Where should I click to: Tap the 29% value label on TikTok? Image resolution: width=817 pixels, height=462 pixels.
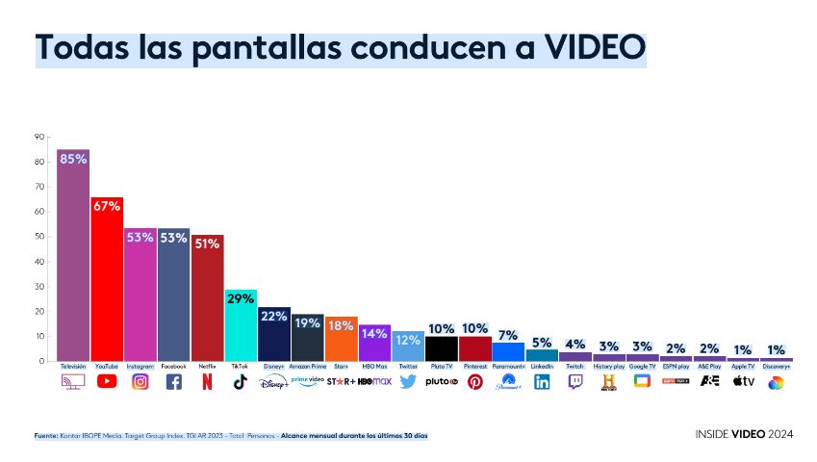pyautogui.click(x=241, y=298)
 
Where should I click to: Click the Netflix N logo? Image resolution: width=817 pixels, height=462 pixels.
pyautogui.click(x=207, y=381)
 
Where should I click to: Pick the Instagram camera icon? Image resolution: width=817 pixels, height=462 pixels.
pyautogui.click(x=140, y=381)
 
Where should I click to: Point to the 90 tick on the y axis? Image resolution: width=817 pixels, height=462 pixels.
pyautogui.click(x=40, y=137)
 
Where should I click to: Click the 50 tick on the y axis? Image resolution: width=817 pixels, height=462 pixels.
pyautogui.click(x=40, y=237)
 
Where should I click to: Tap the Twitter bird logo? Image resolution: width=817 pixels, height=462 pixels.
pyautogui.click(x=408, y=381)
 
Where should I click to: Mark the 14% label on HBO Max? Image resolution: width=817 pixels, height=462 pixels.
pyautogui.click(x=374, y=334)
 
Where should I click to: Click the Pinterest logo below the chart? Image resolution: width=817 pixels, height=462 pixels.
pyautogui.click(x=475, y=381)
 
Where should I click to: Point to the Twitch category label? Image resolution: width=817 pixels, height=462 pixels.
pyautogui.click(x=575, y=367)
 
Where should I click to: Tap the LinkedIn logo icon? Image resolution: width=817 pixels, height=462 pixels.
pyautogui.click(x=542, y=381)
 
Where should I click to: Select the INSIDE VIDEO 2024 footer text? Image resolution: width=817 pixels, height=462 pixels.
pyautogui.click(x=744, y=435)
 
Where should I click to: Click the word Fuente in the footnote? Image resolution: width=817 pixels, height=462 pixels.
pyautogui.click(x=46, y=436)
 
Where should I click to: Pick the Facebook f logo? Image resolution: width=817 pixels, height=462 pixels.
pyautogui.click(x=173, y=381)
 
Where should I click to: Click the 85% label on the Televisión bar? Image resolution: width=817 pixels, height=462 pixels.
pyautogui.click(x=73, y=159)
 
